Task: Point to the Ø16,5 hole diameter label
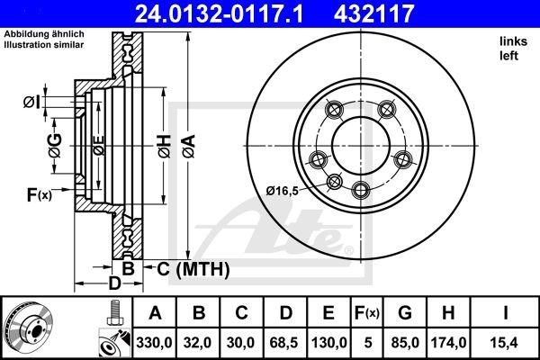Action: [x=283, y=189]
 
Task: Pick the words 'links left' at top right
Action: [x=510, y=49]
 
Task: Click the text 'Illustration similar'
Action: [x=44, y=41]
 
